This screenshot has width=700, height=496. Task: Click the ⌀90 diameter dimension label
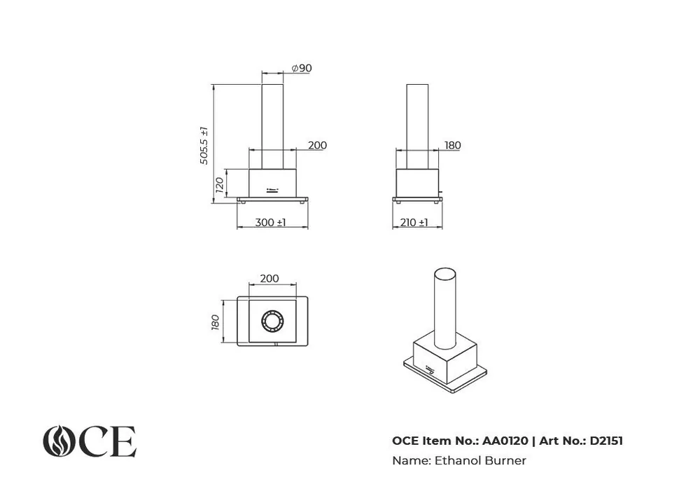(x=302, y=69)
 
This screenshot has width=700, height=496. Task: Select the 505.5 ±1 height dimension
(x=204, y=146)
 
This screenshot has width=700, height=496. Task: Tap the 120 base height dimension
(x=219, y=184)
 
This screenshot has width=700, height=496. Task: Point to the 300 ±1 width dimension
(x=270, y=222)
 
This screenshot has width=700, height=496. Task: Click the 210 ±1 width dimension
(x=414, y=222)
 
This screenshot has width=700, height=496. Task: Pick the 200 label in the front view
(x=317, y=145)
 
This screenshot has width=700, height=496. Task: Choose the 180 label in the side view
(x=453, y=145)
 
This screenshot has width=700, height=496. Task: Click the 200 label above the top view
(x=269, y=278)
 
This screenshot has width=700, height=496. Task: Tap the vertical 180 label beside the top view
(x=215, y=322)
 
